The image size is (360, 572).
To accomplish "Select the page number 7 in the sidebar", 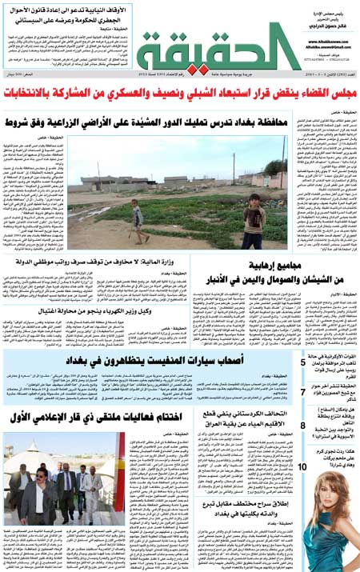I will pos(302,391).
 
